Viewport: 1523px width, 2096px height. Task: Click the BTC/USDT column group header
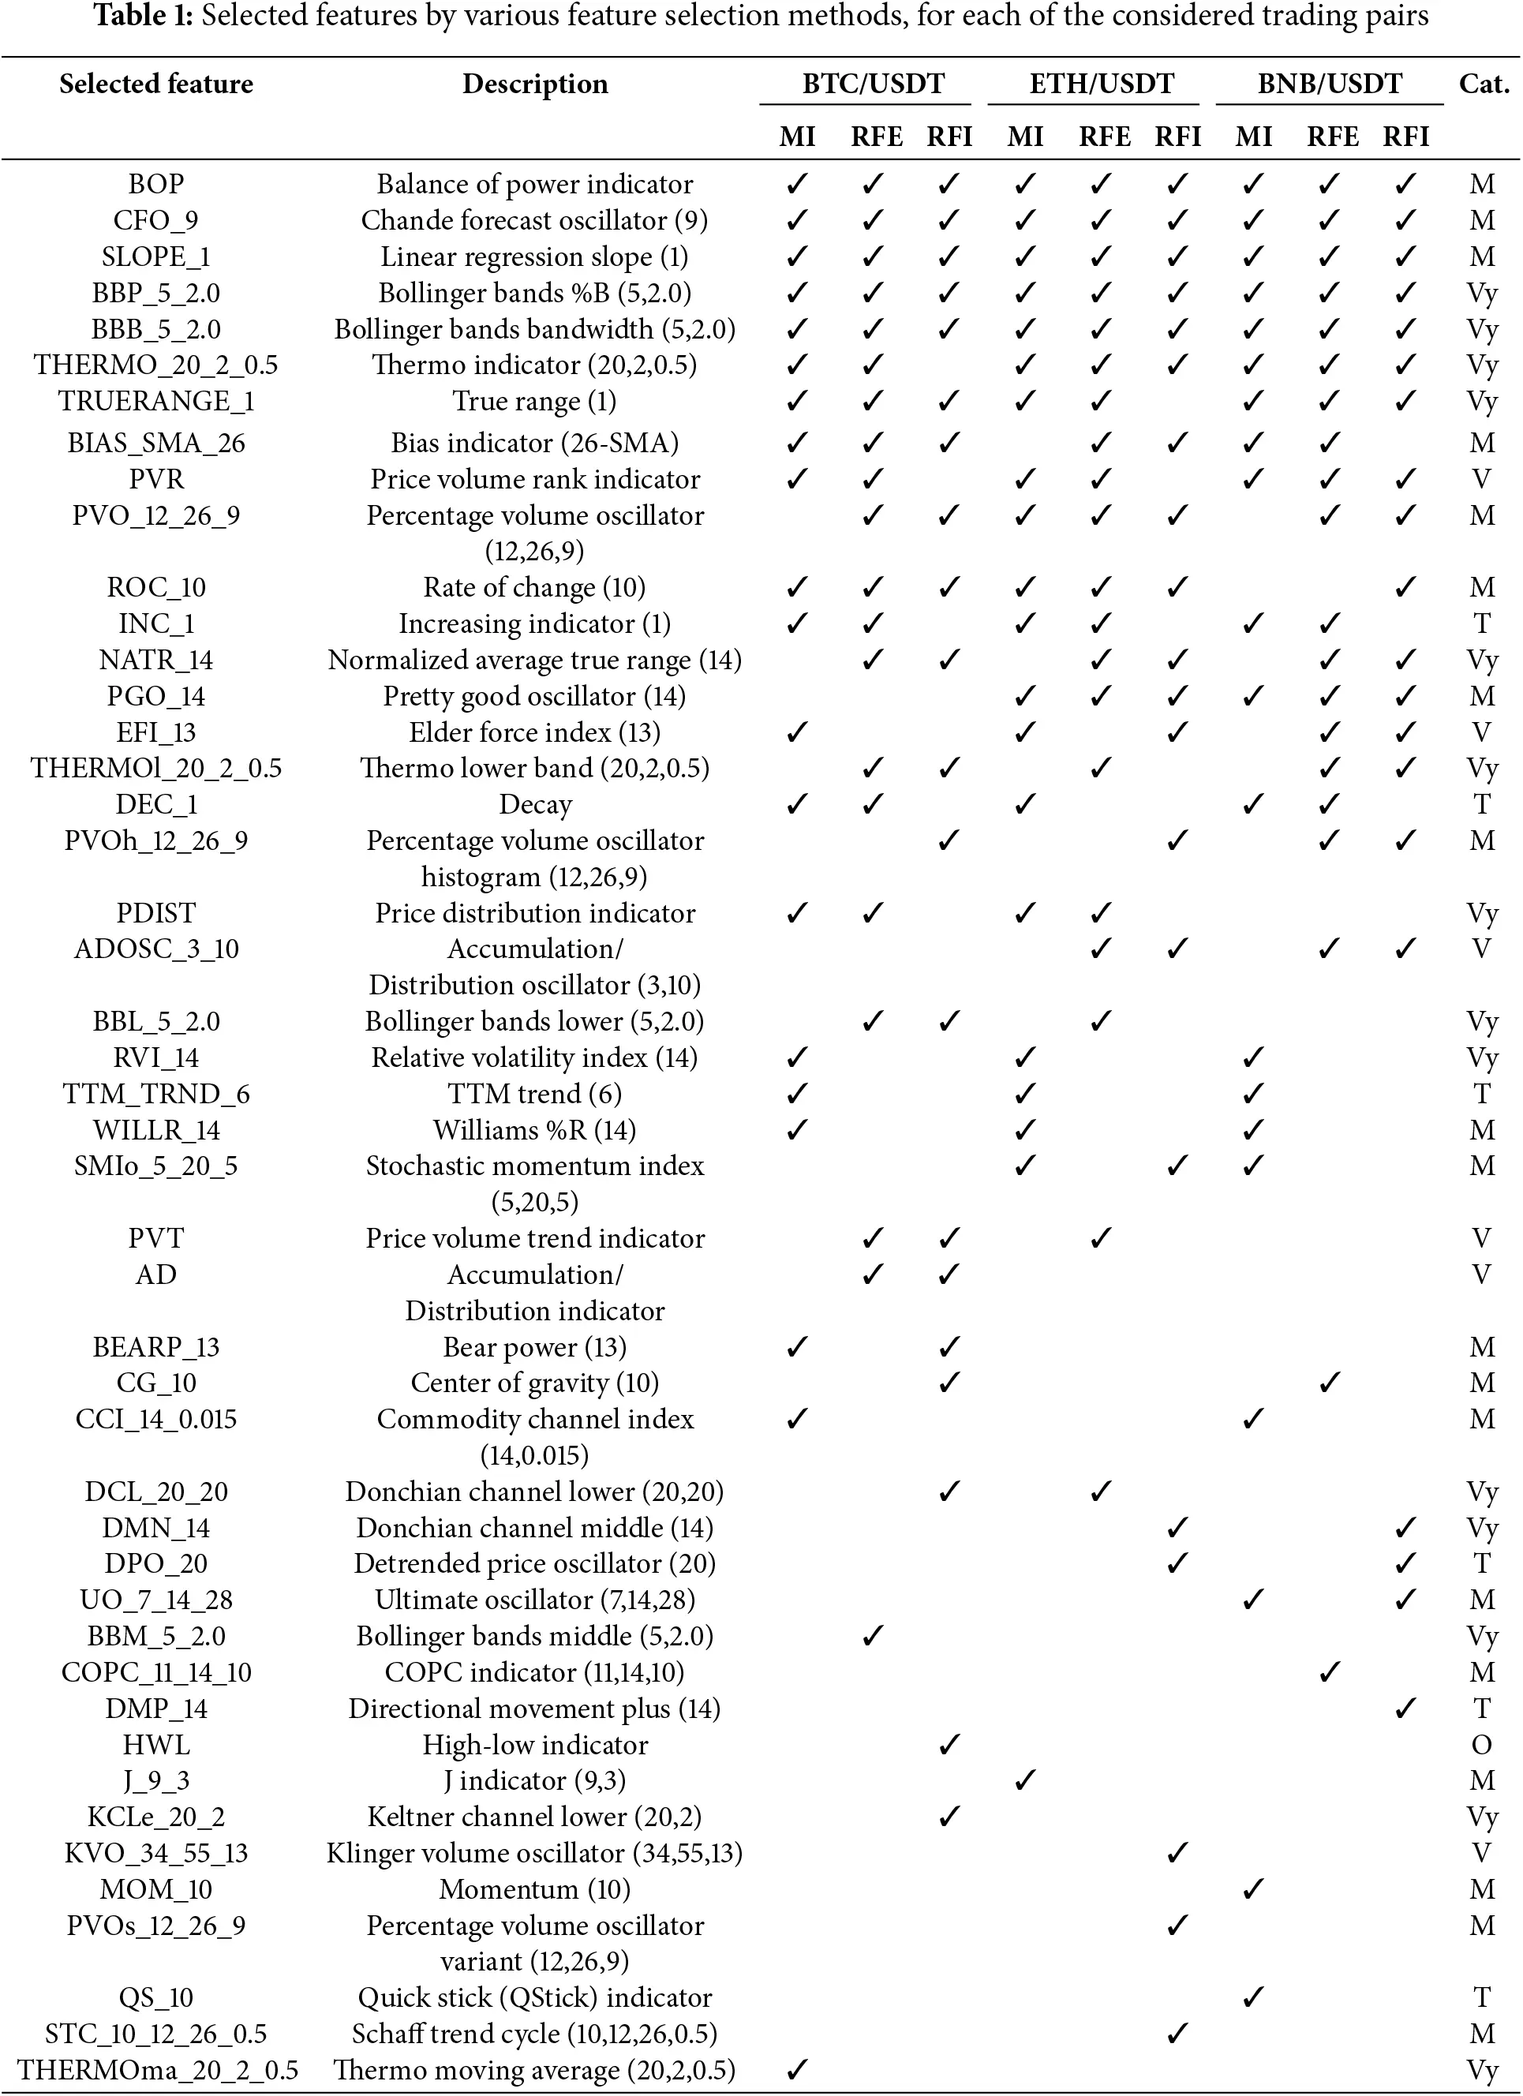click(873, 84)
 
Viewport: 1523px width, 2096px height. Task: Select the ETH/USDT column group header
click(1101, 84)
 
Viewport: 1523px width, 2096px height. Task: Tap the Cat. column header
click(1484, 84)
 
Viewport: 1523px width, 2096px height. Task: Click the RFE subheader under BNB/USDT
click(1332, 137)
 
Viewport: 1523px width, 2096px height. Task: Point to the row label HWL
click(156, 1745)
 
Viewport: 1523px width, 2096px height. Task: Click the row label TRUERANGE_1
click(156, 401)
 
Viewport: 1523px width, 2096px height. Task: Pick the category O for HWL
click(1481, 1745)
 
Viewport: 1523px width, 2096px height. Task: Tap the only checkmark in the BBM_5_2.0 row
click(873, 1637)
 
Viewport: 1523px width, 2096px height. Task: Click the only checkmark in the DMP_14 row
click(1405, 1709)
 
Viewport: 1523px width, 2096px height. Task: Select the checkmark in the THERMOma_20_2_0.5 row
click(795, 2070)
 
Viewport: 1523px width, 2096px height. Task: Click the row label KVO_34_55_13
click(156, 1853)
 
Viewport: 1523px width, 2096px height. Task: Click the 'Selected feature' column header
click(156, 84)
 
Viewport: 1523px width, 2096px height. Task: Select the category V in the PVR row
click(1481, 480)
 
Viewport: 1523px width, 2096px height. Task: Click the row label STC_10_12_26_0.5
click(156, 2034)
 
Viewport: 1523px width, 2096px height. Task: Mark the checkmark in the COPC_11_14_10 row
click(1329, 1673)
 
